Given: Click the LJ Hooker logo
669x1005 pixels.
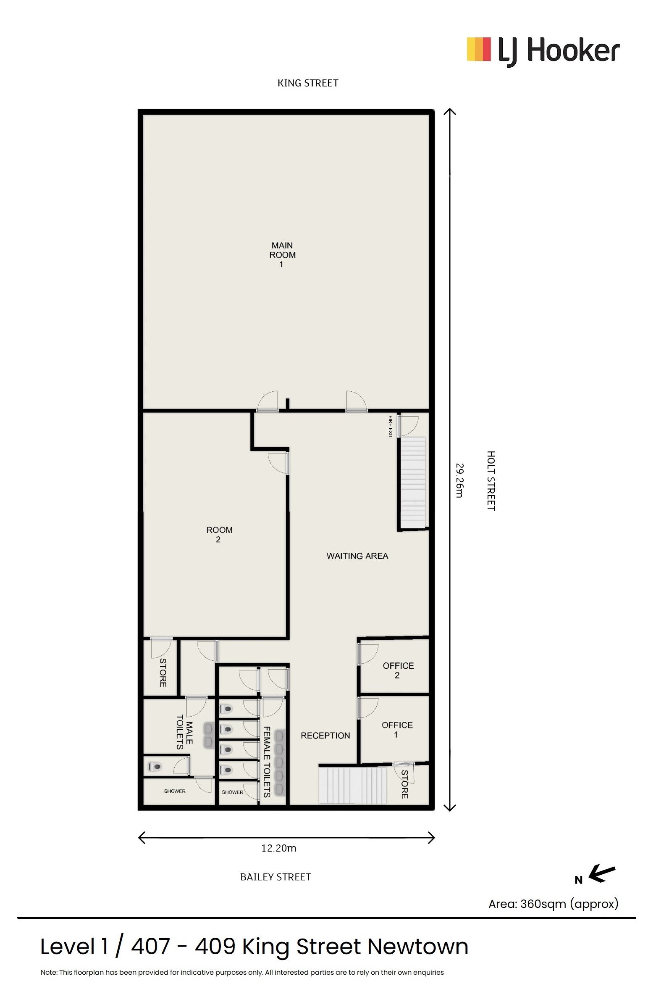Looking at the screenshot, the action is (543, 51).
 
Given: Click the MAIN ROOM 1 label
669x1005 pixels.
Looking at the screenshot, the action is (282, 254).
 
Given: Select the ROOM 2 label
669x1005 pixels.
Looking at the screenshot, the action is (219, 535).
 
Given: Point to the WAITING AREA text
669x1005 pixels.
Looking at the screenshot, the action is (357, 556).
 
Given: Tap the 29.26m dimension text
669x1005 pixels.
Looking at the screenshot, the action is (459, 480).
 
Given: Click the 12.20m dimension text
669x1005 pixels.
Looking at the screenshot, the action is (278, 848).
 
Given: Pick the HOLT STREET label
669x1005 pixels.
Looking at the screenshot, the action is (491, 480).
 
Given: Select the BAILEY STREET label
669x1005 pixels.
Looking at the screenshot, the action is (275, 876).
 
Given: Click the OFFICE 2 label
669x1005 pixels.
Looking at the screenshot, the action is (398, 670).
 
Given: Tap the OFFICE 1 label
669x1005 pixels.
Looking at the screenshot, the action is (397, 730).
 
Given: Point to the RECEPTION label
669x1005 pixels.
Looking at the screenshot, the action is (325, 735).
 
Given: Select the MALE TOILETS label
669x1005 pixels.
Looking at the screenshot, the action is (184, 732).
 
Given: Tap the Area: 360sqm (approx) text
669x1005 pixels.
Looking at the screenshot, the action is (554, 904).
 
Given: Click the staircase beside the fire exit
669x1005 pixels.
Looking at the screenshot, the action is (413, 483).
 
